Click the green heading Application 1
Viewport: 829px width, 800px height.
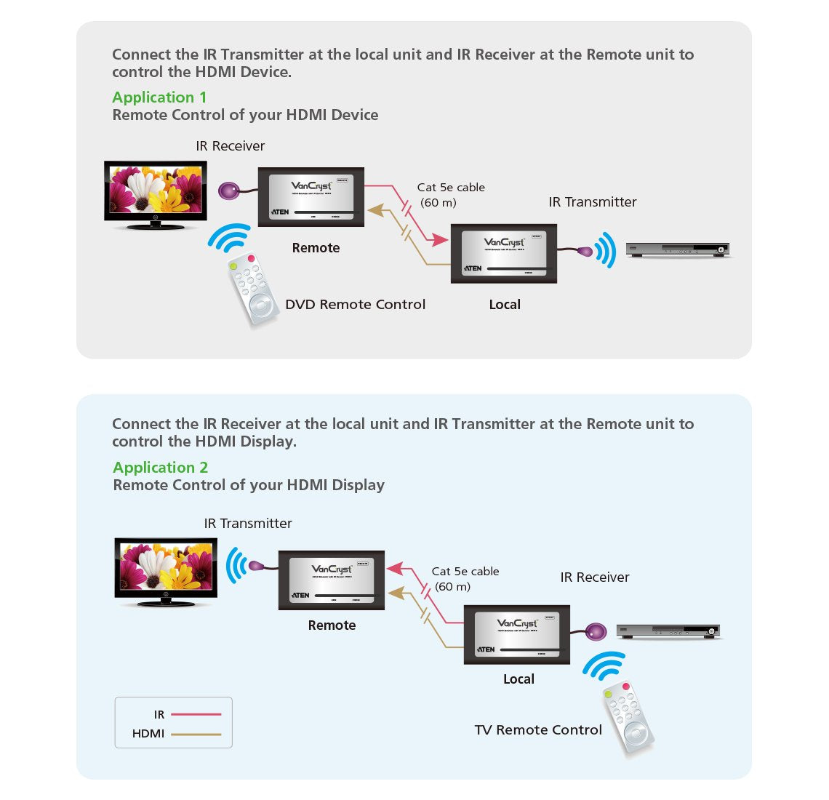point(159,97)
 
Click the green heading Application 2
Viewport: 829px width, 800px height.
point(160,468)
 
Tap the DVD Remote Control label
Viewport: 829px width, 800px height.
point(355,305)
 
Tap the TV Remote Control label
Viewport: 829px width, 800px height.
point(538,730)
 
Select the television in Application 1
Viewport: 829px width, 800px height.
point(156,192)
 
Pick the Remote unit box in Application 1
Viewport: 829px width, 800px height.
point(311,197)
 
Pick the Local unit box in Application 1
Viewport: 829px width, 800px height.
point(504,254)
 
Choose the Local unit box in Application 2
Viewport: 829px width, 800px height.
point(517,634)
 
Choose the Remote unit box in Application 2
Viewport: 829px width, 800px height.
point(331,580)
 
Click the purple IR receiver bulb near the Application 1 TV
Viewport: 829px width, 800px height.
point(229,191)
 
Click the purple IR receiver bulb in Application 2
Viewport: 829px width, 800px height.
point(596,631)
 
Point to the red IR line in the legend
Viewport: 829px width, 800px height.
point(196,715)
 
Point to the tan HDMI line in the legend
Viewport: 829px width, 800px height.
point(196,735)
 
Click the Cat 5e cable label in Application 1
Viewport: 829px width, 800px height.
point(450,188)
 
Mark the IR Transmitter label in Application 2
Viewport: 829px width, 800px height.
point(248,524)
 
